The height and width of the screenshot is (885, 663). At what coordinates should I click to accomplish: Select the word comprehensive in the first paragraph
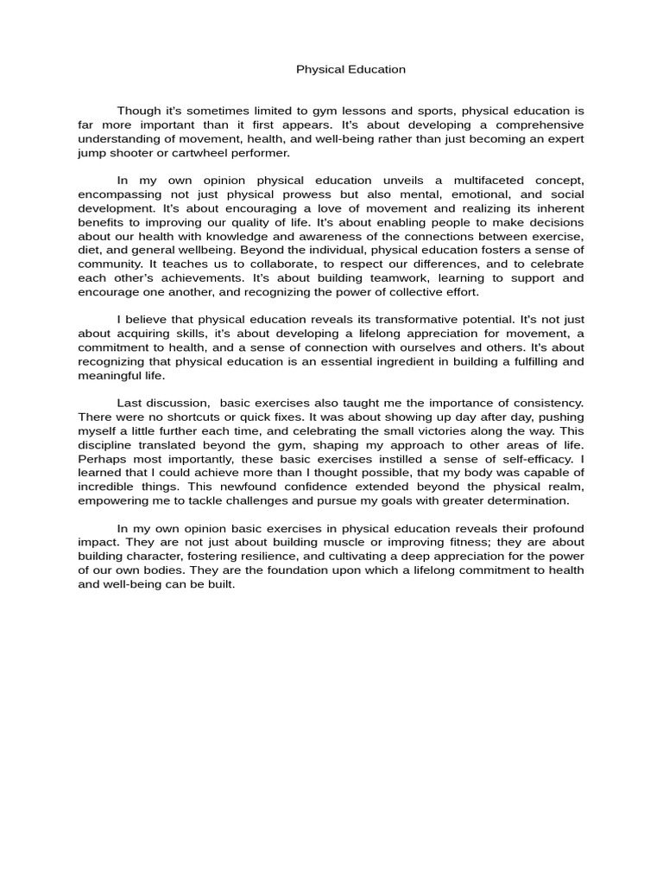tap(545, 124)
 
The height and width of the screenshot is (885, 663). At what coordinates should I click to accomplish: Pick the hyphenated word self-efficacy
tap(531, 459)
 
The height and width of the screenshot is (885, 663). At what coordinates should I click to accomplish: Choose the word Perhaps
tap(99, 459)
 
